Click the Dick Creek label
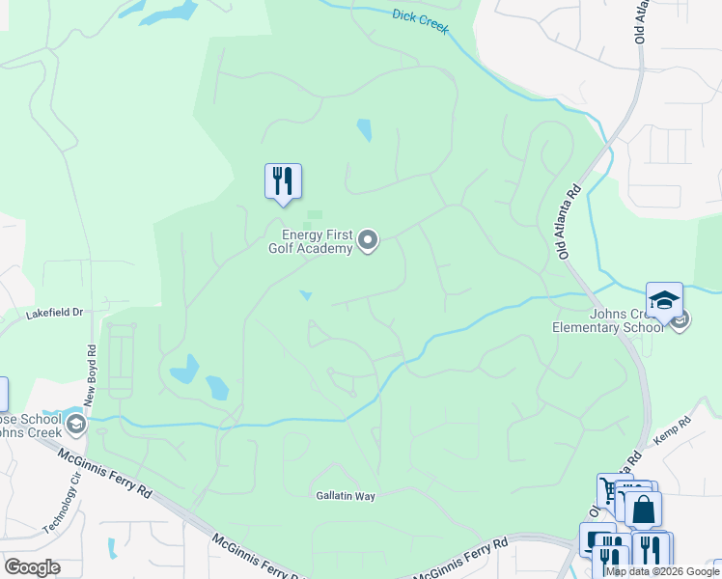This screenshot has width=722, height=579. [422, 20]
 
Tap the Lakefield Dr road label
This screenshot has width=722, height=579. [55, 313]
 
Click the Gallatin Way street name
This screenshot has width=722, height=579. [345, 495]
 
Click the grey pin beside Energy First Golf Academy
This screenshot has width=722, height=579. [368, 240]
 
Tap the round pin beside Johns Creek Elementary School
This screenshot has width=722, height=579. [680, 319]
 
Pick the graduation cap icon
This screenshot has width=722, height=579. [664, 300]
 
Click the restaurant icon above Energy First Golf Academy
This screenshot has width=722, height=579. [283, 181]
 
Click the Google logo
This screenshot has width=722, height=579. [32, 567]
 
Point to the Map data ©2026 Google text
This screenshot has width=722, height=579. [662, 571]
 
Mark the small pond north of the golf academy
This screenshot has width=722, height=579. [364, 129]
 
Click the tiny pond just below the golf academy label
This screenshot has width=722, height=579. [307, 295]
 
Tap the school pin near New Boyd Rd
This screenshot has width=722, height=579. [75, 424]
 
